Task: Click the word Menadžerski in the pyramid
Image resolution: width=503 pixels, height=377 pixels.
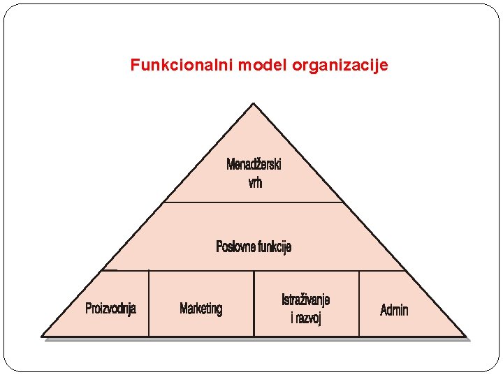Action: point(254,165)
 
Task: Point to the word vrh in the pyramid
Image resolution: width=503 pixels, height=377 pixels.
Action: point(255,183)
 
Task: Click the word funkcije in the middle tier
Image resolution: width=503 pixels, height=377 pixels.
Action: point(275,246)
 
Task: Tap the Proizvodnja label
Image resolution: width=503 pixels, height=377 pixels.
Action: point(110,309)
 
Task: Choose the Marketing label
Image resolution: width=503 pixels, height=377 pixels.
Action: point(201,309)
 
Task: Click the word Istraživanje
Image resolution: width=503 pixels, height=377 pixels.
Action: point(306,300)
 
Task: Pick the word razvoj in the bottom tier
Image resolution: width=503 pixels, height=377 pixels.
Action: point(309,318)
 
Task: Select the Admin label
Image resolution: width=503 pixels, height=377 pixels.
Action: point(394,310)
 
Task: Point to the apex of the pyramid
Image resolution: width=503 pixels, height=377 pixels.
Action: point(253,104)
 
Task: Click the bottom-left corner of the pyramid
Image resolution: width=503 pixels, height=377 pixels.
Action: point(43,336)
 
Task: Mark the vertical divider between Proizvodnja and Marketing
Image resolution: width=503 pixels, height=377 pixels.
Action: point(150,303)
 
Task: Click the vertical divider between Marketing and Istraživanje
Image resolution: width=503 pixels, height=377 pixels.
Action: point(254,303)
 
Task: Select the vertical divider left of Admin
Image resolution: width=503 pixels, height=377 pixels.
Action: point(359,303)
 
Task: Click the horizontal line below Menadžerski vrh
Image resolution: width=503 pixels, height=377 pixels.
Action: point(253,202)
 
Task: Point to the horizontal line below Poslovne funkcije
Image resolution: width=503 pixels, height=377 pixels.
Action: point(253,270)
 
